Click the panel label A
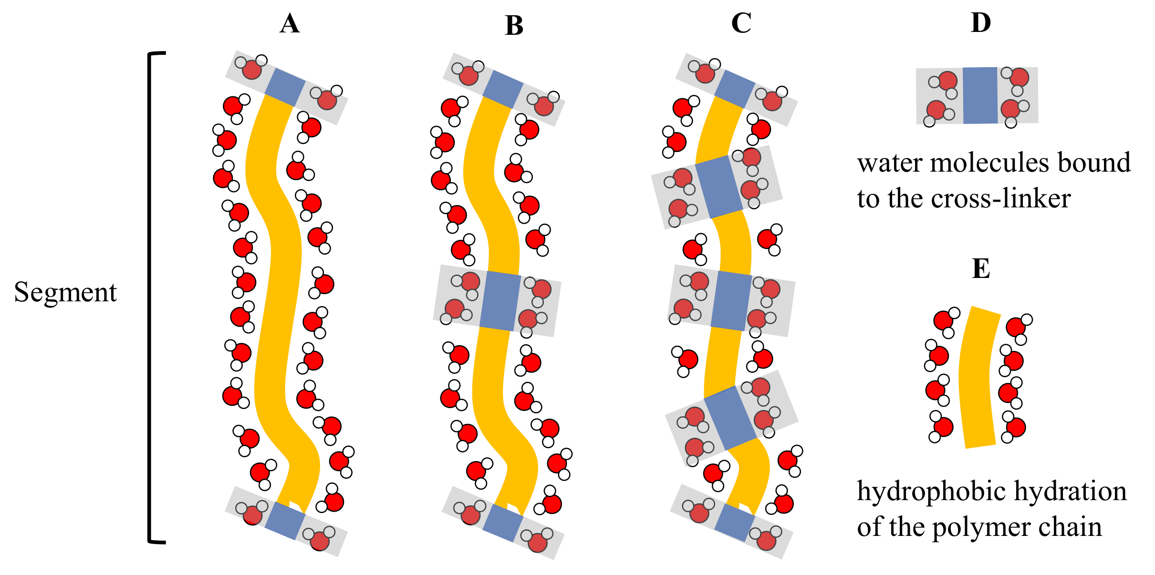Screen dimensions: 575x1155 [x=290, y=24]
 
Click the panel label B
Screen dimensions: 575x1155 [x=514, y=26]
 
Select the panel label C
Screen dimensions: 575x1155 [x=741, y=23]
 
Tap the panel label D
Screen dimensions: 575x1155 [x=981, y=22]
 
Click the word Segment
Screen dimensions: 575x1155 [x=65, y=292]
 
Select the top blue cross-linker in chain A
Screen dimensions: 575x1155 [x=285, y=88]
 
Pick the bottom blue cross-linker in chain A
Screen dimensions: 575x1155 [x=285, y=521]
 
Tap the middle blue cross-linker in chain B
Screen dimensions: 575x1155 [x=500, y=301]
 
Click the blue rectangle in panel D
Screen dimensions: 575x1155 [x=980, y=95]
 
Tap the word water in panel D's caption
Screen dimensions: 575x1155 [x=890, y=163]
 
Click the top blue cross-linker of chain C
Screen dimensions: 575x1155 [x=735, y=89]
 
